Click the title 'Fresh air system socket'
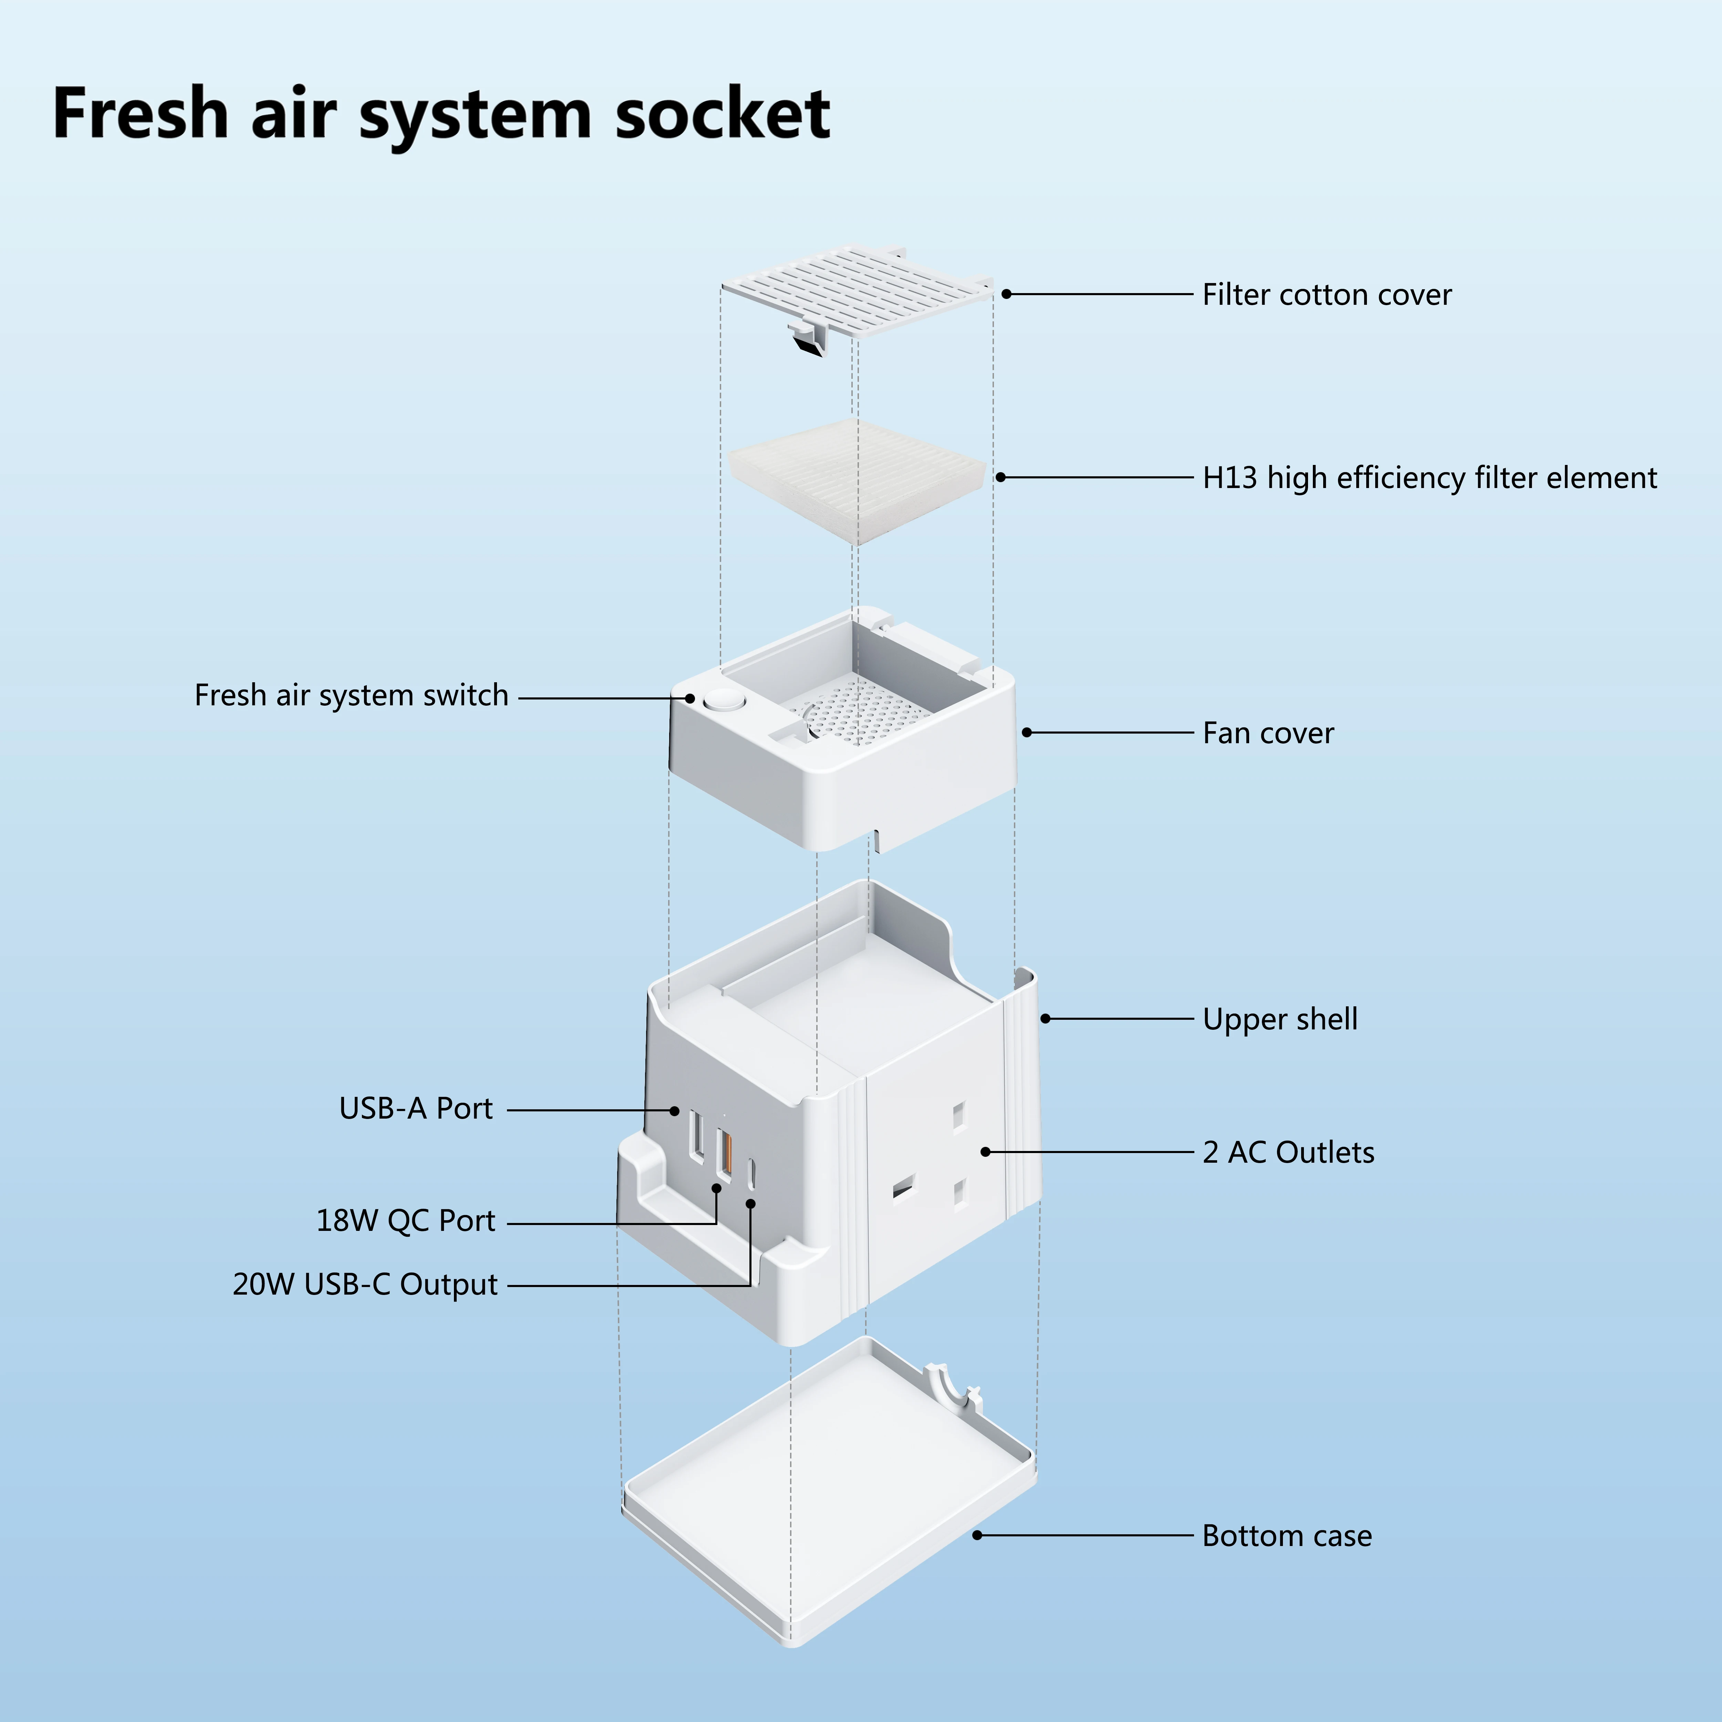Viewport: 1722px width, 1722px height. pyautogui.click(x=441, y=114)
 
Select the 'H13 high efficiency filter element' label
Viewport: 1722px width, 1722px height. pyautogui.click(x=1429, y=478)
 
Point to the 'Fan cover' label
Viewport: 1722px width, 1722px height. pyautogui.click(x=1267, y=733)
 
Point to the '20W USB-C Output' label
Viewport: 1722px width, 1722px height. pyautogui.click(x=364, y=1284)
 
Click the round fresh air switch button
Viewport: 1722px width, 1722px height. pyautogui.click(x=722, y=700)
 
